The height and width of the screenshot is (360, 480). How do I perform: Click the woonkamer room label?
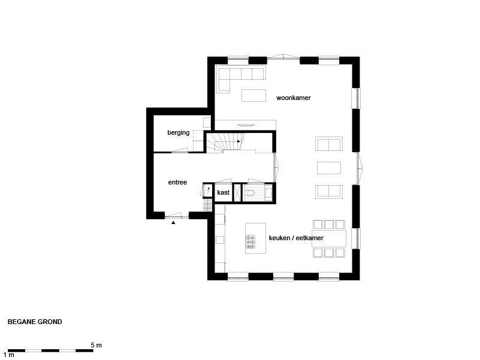tap(293, 98)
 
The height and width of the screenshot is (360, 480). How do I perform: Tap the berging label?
tap(178, 132)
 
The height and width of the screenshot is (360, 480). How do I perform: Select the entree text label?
tap(177, 183)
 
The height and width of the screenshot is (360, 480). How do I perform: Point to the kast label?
tap(223, 192)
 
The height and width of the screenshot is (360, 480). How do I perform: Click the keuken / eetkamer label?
tap(296, 238)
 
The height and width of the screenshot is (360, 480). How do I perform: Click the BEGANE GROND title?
tap(35, 322)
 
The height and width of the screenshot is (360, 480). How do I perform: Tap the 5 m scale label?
tap(96, 345)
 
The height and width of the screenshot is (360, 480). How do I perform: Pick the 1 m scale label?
tap(9, 355)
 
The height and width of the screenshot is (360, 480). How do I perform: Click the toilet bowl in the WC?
tap(250, 193)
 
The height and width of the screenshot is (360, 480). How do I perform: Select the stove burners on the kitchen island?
tap(250, 242)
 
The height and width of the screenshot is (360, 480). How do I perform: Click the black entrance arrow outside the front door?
tap(173, 223)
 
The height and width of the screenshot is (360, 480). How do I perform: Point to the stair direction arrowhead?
tap(239, 141)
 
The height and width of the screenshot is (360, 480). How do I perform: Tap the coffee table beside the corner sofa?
tap(253, 95)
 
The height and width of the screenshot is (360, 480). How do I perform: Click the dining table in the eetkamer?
tap(329, 238)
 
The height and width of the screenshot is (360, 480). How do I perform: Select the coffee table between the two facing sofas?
tap(329, 168)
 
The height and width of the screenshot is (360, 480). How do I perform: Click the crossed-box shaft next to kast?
tap(237, 192)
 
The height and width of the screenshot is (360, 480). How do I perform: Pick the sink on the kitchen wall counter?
tap(219, 240)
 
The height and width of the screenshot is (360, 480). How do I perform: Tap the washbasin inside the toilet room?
tap(268, 193)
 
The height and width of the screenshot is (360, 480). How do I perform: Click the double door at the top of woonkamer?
tap(284, 57)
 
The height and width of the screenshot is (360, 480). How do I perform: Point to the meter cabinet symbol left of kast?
tap(208, 190)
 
